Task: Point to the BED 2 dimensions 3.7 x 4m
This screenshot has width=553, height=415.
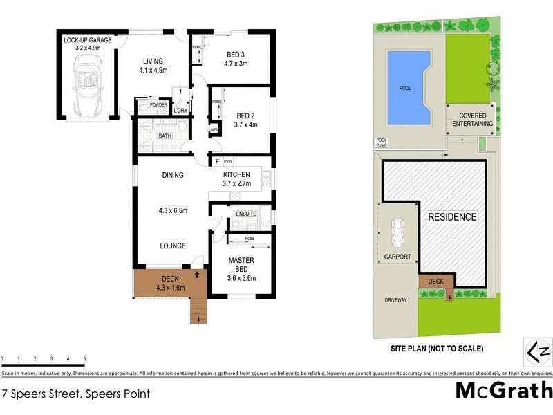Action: coord(247,125)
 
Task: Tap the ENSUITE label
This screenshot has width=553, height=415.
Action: coord(246,214)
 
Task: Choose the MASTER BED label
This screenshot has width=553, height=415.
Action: coord(242,265)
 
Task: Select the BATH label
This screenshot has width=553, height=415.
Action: coord(165,136)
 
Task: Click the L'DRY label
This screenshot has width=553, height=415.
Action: coord(181,111)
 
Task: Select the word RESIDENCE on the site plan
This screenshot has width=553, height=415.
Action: coord(452,217)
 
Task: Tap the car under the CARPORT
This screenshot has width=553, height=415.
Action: coord(398,233)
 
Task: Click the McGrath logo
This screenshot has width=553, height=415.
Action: coord(503,391)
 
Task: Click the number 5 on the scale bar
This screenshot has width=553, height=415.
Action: coord(84,359)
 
